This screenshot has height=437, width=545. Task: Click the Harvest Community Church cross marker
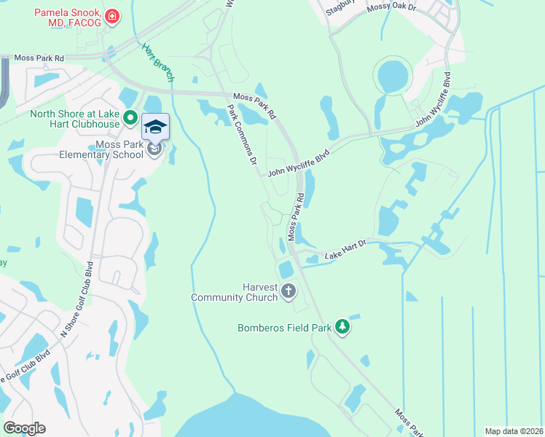coord(289,291)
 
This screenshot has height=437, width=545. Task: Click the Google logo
coord(24,428)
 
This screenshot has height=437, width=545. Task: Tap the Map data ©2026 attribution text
coord(514,431)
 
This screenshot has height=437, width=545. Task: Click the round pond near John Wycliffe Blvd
coord(393,76)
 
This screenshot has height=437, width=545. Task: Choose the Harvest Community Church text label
coord(234,291)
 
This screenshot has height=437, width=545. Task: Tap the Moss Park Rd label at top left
coord(39,58)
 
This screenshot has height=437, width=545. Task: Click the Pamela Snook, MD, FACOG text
coord(66,17)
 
